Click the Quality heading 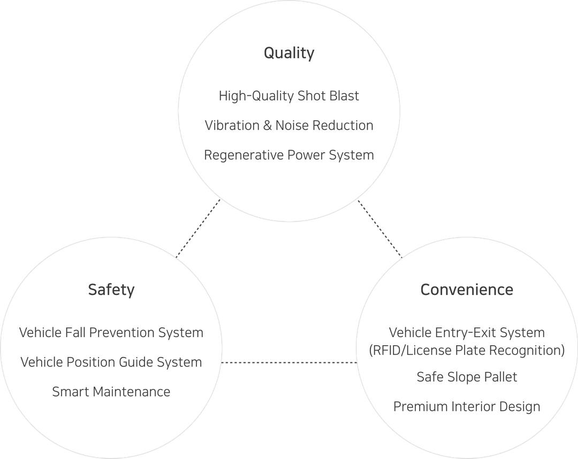[289, 53]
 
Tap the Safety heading [111, 290]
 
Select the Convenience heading [467, 290]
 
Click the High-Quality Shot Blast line [289, 96]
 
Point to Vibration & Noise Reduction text [289, 126]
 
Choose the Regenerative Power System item [289, 155]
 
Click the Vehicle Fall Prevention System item [111, 333]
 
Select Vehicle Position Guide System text [111, 362]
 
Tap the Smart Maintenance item [111, 392]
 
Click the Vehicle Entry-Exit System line [467, 333]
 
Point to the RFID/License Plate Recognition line [467, 351]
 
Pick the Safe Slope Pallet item [467, 377]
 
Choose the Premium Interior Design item [467, 407]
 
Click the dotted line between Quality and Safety [198, 229]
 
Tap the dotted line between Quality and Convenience [380, 229]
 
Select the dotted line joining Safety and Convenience [289, 362]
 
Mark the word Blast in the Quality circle [344, 96]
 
